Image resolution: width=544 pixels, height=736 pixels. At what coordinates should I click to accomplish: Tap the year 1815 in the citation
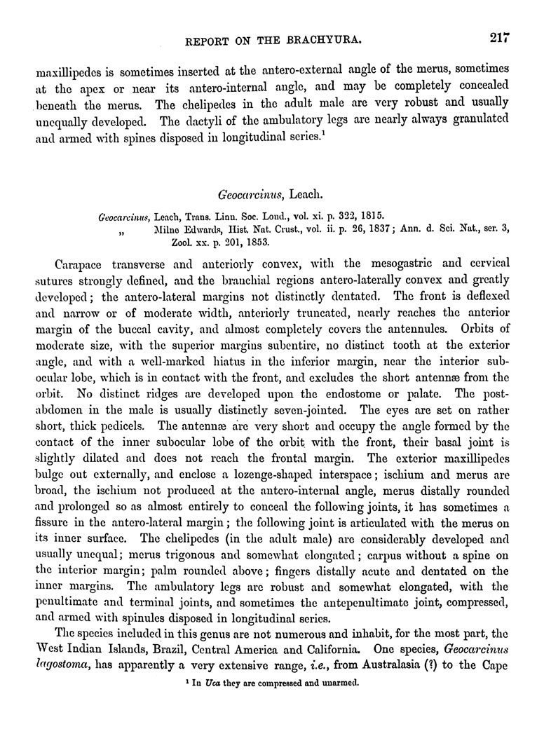click(x=367, y=215)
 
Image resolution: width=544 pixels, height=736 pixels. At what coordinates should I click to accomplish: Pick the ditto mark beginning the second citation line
click(x=127, y=230)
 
